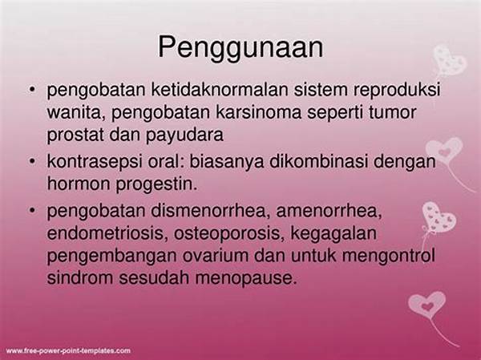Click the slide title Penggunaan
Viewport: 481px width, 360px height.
[x=240, y=48]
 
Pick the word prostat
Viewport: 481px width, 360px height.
[x=75, y=136]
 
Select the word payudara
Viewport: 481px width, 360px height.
[x=184, y=136]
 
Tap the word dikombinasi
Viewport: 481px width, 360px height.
[x=318, y=161]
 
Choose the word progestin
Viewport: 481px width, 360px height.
[x=157, y=184]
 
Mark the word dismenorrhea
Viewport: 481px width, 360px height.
[x=210, y=211]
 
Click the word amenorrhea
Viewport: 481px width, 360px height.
[x=329, y=212]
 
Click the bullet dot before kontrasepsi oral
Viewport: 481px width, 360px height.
[x=32, y=161]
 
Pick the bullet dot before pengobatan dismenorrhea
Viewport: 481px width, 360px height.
[x=32, y=211]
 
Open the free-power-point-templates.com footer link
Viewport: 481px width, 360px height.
[x=68, y=351]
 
